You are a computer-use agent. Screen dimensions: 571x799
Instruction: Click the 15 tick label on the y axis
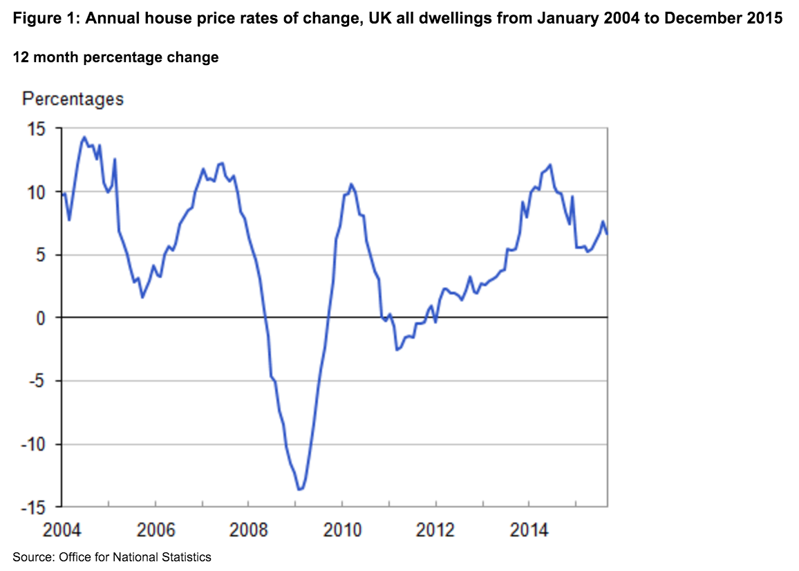click(35, 129)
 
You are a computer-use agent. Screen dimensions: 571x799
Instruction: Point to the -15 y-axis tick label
click(32, 507)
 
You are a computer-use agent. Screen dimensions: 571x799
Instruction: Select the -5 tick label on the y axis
click(35, 382)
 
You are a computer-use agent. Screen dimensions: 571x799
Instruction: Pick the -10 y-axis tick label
click(32, 444)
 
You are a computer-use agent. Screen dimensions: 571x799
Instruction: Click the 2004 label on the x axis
click(62, 531)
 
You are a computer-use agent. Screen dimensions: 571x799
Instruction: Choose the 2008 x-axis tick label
click(248, 531)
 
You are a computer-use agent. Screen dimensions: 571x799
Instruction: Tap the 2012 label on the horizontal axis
click(435, 531)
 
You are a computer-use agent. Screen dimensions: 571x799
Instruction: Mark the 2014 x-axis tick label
click(529, 531)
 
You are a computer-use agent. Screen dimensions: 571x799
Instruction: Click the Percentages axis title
click(73, 99)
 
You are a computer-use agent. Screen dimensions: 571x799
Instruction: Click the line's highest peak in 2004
click(84, 137)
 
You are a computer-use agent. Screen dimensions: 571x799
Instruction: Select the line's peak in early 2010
click(351, 183)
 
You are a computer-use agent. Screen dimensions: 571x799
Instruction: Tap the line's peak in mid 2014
click(550, 165)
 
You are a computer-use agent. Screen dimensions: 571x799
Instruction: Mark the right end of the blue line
click(607, 233)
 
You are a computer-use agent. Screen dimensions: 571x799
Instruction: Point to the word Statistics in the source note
click(188, 556)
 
